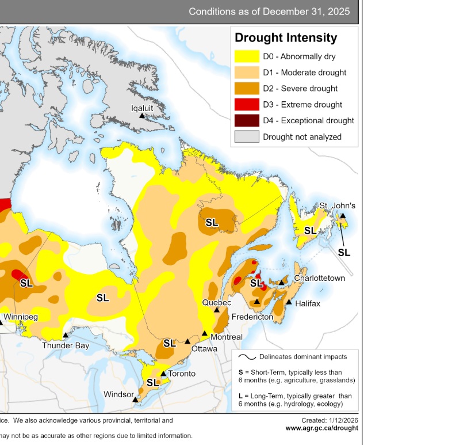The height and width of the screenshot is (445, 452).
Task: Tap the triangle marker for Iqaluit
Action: coord(142,116)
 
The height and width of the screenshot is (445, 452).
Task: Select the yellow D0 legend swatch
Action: coord(246,56)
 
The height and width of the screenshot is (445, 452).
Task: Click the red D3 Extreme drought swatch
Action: coord(246,105)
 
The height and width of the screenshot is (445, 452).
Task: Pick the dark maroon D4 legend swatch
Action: coord(246,121)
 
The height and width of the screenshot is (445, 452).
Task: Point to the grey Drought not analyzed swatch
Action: coord(246,137)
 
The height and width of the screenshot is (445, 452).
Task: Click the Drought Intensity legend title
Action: coord(286,38)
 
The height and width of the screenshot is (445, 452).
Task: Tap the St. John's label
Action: coord(338,206)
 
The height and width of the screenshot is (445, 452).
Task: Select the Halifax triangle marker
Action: coord(289,303)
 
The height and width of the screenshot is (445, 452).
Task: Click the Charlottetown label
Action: coord(319,278)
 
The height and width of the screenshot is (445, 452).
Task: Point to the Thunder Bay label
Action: coord(66,345)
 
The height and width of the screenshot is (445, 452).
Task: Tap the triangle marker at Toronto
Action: coord(164,374)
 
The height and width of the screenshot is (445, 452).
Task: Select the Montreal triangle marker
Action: coord(205,333)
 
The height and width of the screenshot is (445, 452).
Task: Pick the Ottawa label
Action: coord(204,349)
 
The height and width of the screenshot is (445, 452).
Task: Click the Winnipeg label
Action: coord(21,317)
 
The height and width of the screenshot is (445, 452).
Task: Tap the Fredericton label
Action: coord(252,317)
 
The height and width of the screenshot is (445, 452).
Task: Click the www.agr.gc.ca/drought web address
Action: coord(321,428)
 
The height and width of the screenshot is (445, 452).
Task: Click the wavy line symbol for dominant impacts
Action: coord(247,357)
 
